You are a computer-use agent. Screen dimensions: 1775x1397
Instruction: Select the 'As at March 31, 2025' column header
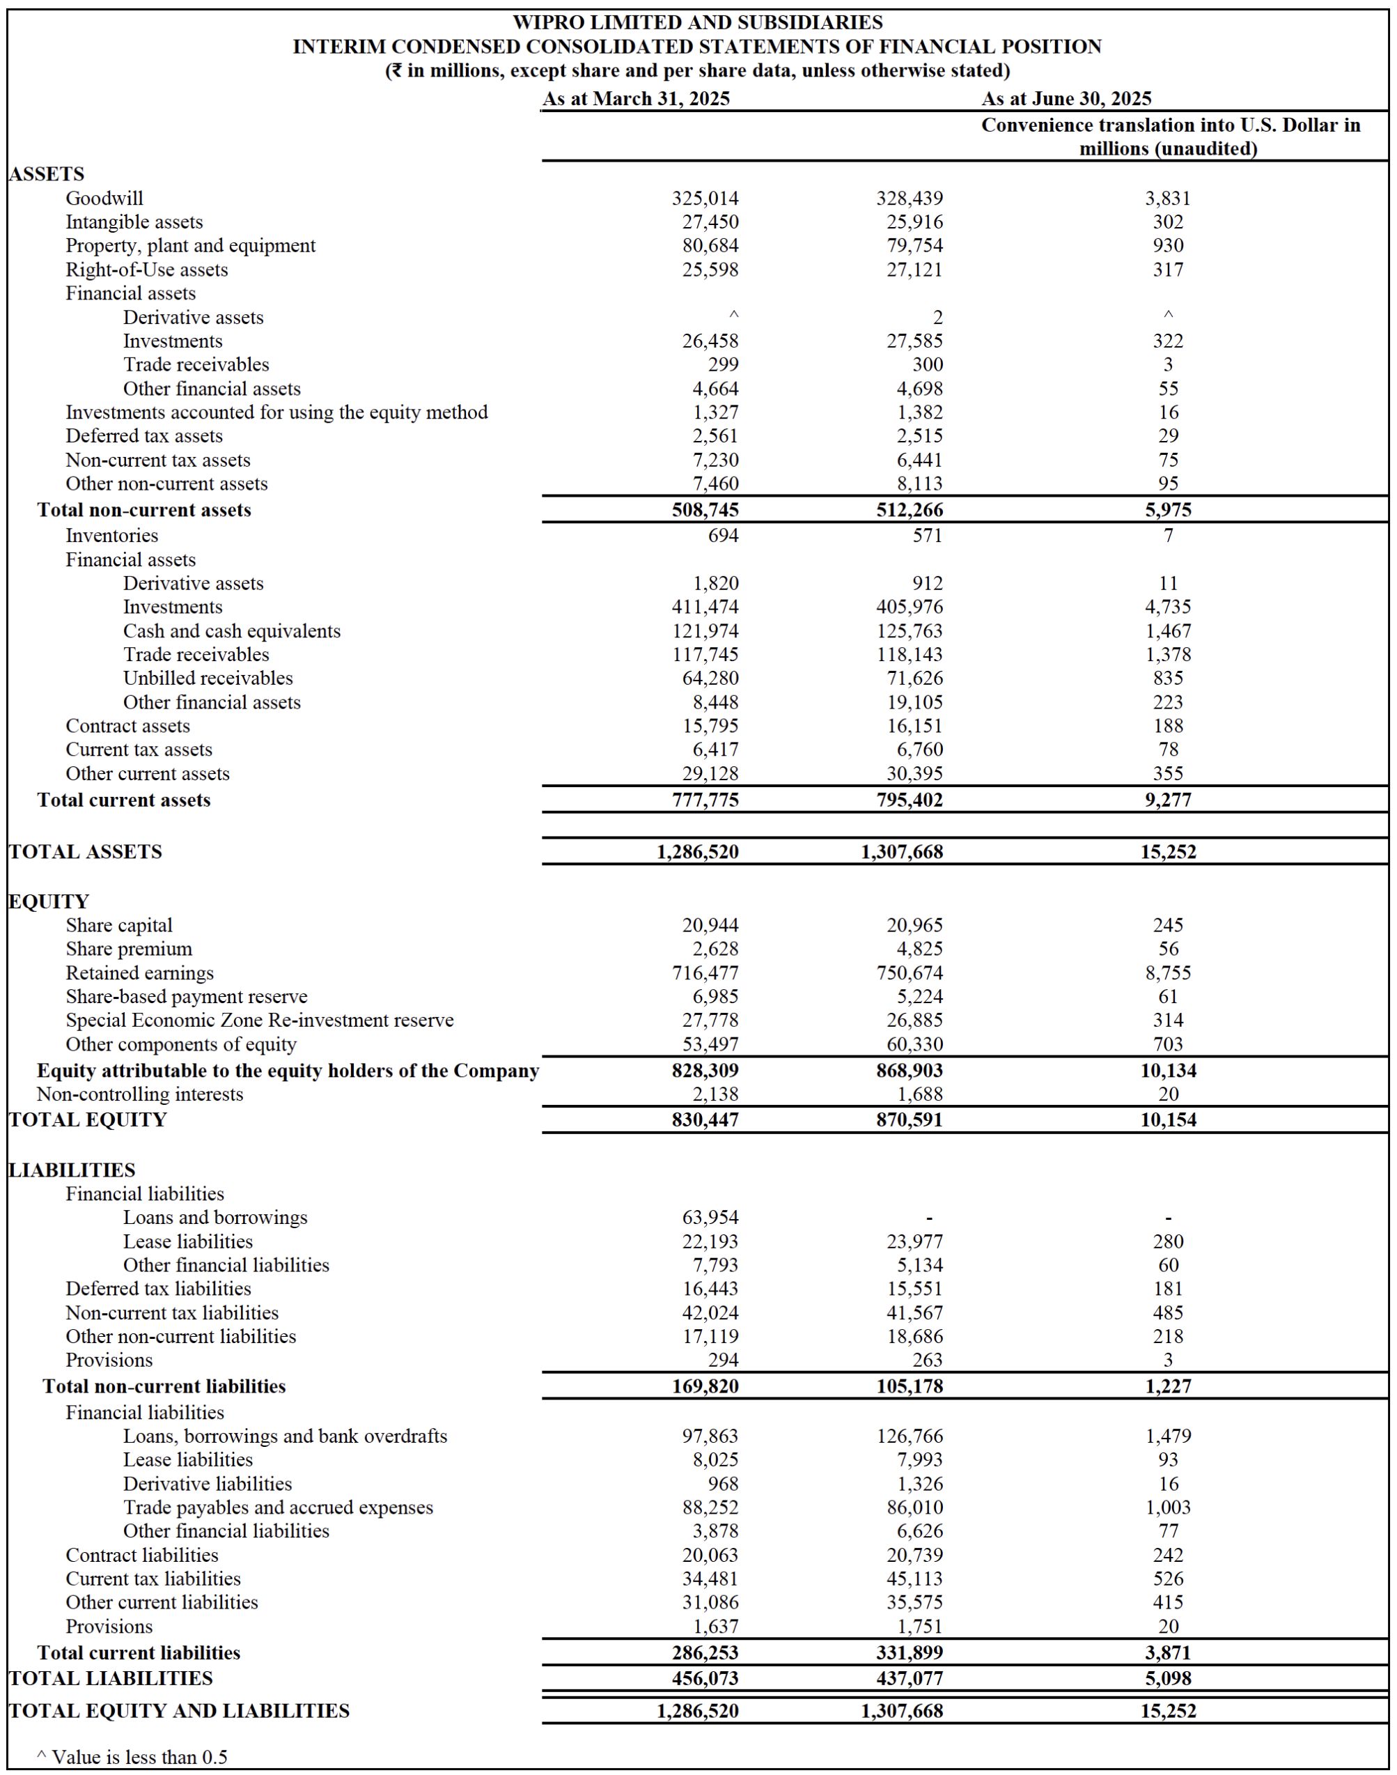(x=636, y=99)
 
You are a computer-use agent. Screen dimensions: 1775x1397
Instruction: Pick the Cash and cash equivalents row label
(x=231, y=630)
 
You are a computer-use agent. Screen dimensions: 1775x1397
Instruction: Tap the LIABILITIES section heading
(x=72, y=1170)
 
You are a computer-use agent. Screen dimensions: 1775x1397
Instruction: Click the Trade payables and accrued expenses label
(x=278, y=1507)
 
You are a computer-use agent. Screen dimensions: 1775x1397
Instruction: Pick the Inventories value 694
(x=722, y=536)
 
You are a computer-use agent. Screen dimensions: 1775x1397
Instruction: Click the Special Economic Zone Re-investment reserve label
(x=259, y=1020)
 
